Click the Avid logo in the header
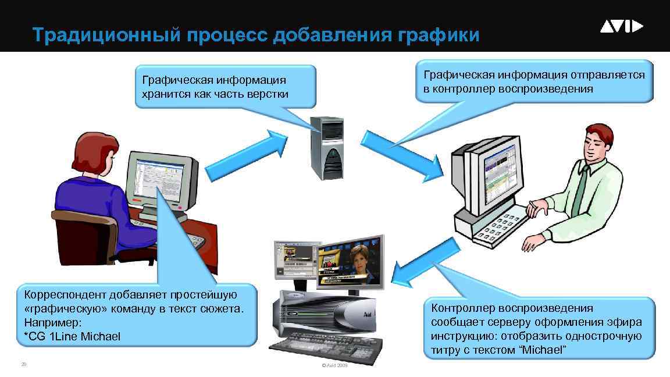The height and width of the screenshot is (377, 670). point(621,27)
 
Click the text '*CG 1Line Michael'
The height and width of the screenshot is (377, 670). point(72,336)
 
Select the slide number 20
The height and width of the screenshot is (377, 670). point(23,365)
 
